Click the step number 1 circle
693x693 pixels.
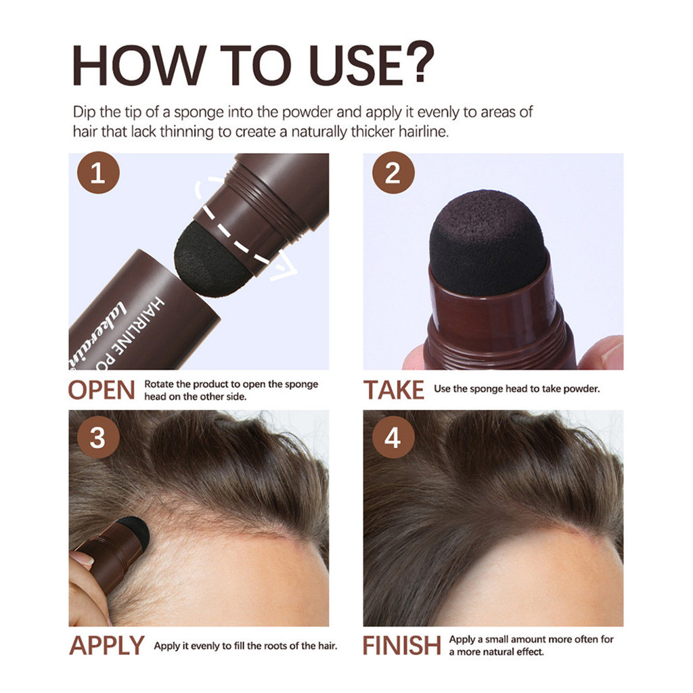[98, 173]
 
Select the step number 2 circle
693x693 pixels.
[393, 173]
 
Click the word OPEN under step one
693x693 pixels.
[102, 390]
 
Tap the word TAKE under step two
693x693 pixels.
[393, 390]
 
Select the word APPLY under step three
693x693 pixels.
[107, 645]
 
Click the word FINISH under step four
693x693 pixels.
[402, 645]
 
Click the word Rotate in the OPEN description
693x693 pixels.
[159, 384]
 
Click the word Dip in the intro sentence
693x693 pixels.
[85, 112]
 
